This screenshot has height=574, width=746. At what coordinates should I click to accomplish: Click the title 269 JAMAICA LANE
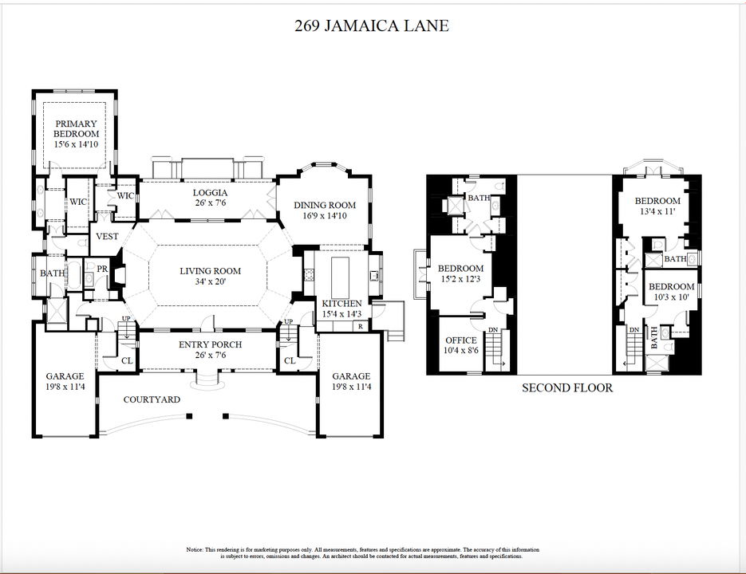[x=372, y=26]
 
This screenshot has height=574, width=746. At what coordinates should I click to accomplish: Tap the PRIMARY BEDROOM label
[x=77, y=129]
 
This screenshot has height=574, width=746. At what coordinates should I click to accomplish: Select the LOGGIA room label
[x=210, y=193]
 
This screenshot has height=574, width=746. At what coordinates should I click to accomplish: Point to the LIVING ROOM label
[x=210, y=271]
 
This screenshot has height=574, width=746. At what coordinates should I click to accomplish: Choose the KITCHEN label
[x=341, y=304]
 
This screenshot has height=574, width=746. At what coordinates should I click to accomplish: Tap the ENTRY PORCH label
[x=210, y=344]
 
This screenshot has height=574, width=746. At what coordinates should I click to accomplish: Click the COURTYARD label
[x=152, y=399]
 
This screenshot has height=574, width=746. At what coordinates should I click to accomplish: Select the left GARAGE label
[x=65, y=376]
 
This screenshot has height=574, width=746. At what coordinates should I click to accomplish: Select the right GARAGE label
[x=351, y=376]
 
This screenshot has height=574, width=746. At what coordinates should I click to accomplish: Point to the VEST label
[x=107, y=237]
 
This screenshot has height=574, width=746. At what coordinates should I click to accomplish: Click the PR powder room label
[x=102, y=269]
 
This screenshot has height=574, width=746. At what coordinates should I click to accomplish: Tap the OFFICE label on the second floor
[x=460, y=340]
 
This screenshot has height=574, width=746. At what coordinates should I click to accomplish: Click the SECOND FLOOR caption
[x=567, y=388]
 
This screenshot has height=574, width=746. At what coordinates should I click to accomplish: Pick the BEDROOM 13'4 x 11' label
[x=657, y=201]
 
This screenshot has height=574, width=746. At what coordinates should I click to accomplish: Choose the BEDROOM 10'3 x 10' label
[x=670, y=287]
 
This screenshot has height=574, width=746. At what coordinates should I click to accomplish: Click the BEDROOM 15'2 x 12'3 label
[x=460, y=269]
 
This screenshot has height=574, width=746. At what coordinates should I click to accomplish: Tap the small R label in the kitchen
[x=361, y=326]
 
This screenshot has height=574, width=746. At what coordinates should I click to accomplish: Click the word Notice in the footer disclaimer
[x=195, y=550]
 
